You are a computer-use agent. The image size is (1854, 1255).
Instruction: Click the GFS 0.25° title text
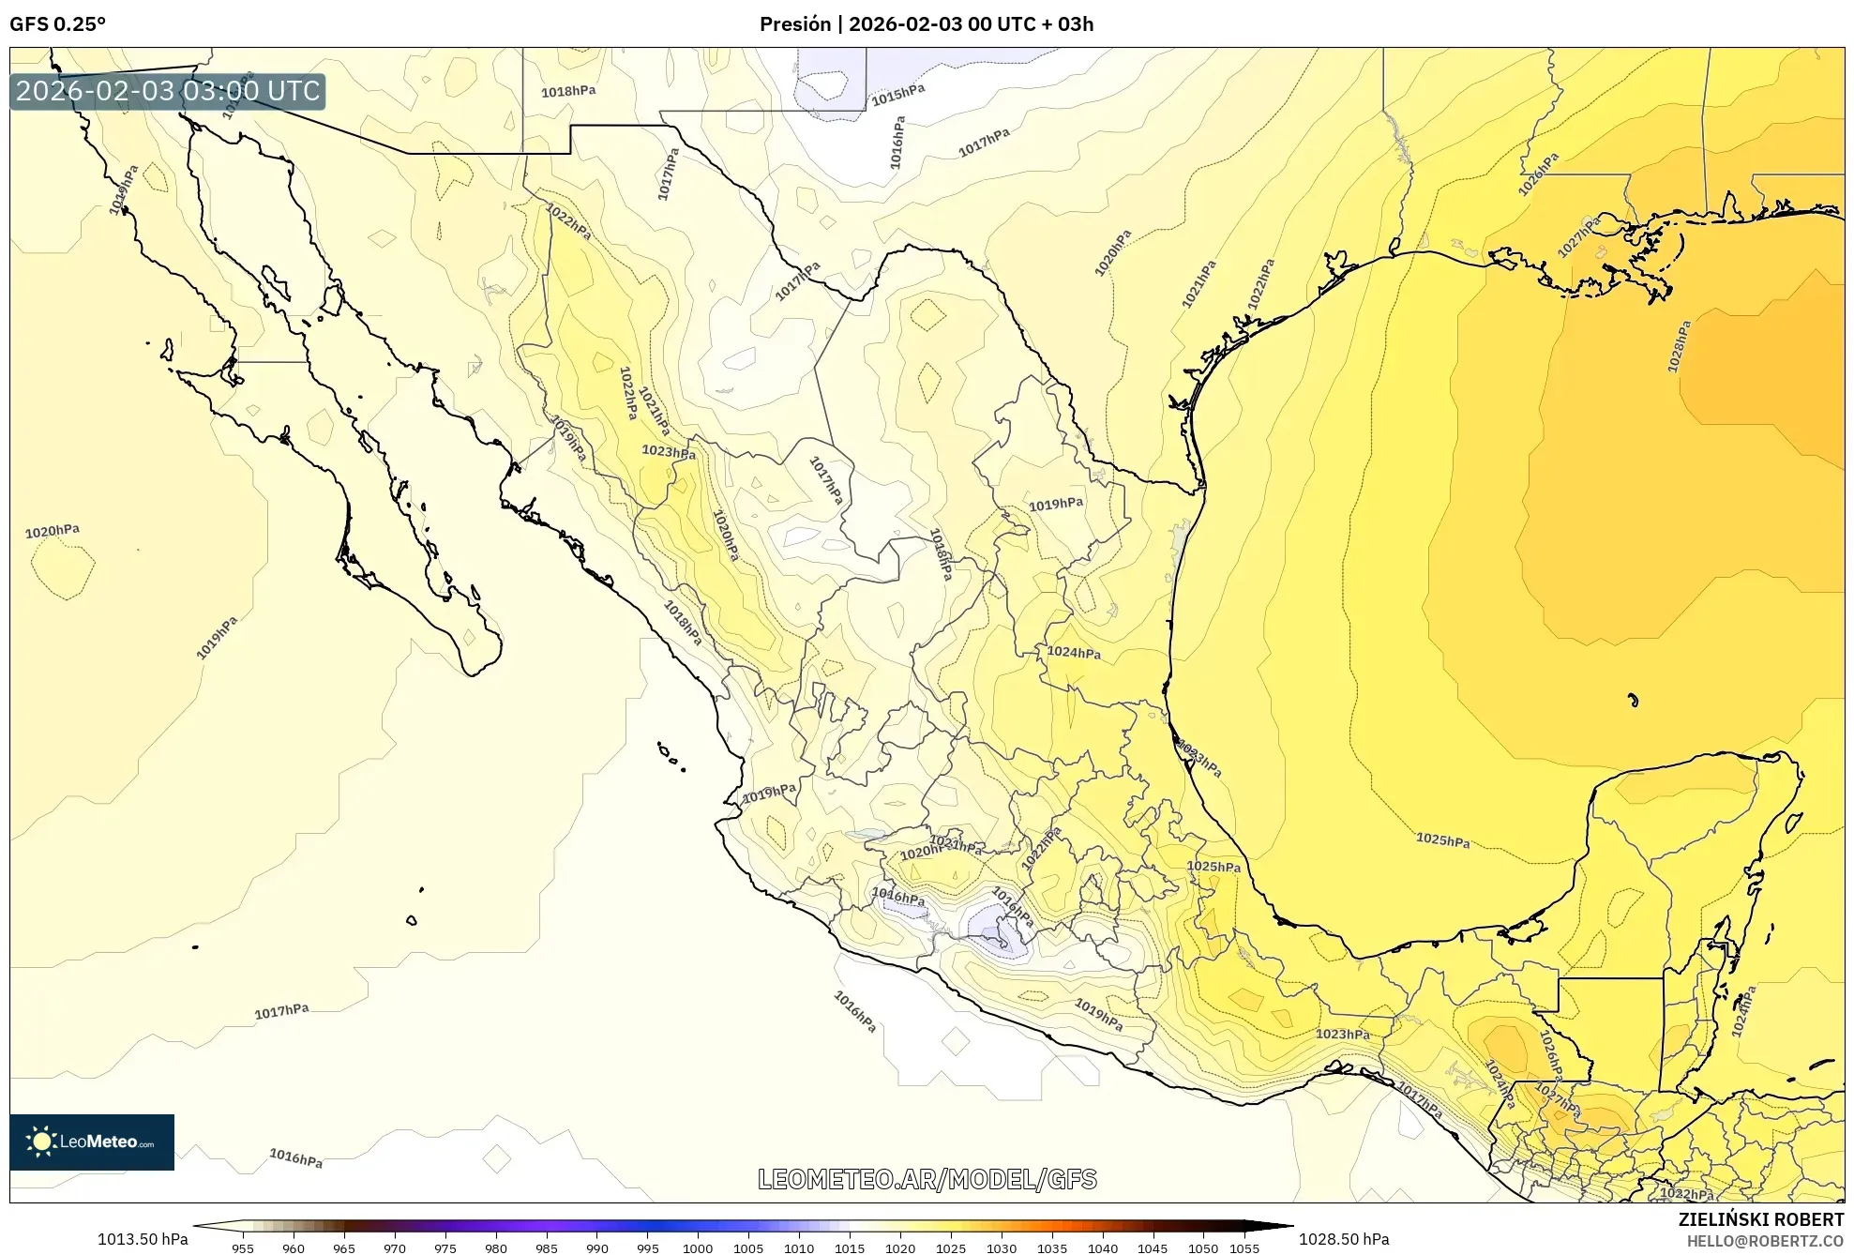tap(57, 24)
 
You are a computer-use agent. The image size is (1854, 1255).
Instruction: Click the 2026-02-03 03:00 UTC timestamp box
tap(168, 91)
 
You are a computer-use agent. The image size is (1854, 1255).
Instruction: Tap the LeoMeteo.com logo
tap(92, 1142)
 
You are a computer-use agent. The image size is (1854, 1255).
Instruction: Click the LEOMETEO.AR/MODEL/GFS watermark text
tap(927, 1179)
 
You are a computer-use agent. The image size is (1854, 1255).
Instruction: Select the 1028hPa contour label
tap(1679, 347)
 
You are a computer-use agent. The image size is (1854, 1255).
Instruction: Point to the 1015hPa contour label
tap(897, 94)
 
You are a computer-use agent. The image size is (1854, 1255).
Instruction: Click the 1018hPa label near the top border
tap(568, 91)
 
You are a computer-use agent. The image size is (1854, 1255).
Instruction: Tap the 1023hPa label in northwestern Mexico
tap(669, 452)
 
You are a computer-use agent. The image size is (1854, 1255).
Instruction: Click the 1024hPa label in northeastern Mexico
tap(1074, 652)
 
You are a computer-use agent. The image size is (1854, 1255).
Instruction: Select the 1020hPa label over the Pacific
tap(53, 531)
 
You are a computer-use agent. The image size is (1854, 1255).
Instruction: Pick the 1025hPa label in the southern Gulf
tap(1442, 840)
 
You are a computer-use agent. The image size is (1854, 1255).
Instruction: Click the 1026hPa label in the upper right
tap(1538, 174)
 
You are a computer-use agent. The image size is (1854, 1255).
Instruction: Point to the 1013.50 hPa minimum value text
tap(143, 1239)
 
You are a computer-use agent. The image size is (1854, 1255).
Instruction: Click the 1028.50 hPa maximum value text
tap(1344, 1239)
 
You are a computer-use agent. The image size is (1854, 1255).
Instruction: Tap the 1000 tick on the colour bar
tap(698, 1247)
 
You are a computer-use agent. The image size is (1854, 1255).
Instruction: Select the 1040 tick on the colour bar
tap(1102, 1247)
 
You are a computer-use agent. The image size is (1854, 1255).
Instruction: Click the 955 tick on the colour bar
tap(243, 1247)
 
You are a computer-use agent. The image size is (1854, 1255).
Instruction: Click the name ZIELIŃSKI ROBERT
tap(1760, 1219)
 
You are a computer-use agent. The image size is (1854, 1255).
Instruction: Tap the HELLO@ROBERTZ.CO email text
tap(1765, 1241)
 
